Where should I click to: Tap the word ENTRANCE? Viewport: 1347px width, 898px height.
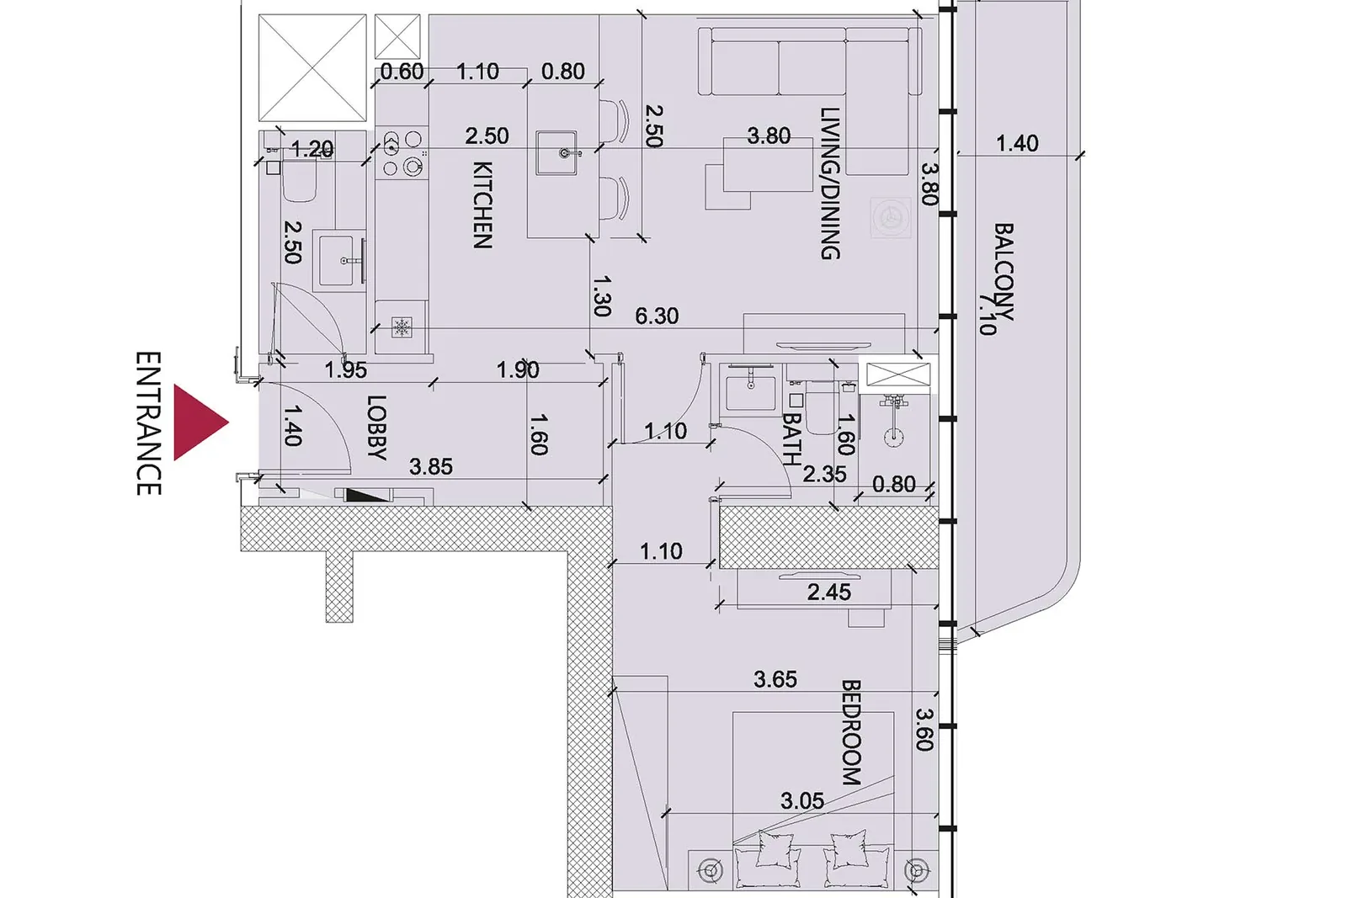click(x=148, y=423)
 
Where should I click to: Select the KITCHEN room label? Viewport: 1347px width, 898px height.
click(x=482, y=205)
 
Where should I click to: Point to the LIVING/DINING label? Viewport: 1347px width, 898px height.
click(x=830, y=183)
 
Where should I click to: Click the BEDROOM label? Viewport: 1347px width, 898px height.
click(x=851, y=732)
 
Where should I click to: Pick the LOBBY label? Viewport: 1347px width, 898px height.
click(x=376, y=428)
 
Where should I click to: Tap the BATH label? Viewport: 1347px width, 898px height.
click(x=792, y=439)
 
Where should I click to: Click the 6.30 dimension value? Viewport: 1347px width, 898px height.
click(x=657, y=316)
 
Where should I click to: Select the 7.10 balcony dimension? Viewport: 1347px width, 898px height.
click(x=987, y=313)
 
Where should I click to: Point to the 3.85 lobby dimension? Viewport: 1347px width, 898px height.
click(x=430, y=466)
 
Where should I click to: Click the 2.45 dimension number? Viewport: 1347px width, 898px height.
click(x=829, y=592)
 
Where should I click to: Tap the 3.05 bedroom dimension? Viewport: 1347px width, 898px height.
click(x=802, y=800)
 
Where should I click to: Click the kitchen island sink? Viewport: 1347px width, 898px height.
click(x=556, y=152)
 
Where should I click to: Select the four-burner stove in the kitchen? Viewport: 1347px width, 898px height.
click(x=403, y=153)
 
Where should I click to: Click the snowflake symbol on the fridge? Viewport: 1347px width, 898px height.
click(x=402, y=327)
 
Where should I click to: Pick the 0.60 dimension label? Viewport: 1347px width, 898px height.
click(x=402, y=72)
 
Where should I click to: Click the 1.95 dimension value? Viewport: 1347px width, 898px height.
click(x=346, y=370)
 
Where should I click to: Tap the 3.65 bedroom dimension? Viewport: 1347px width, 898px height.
click(x=775, y=679)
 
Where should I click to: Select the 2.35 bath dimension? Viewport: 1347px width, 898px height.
click(x=824, y=474)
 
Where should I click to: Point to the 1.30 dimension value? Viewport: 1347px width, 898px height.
click(x=601, y=295)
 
